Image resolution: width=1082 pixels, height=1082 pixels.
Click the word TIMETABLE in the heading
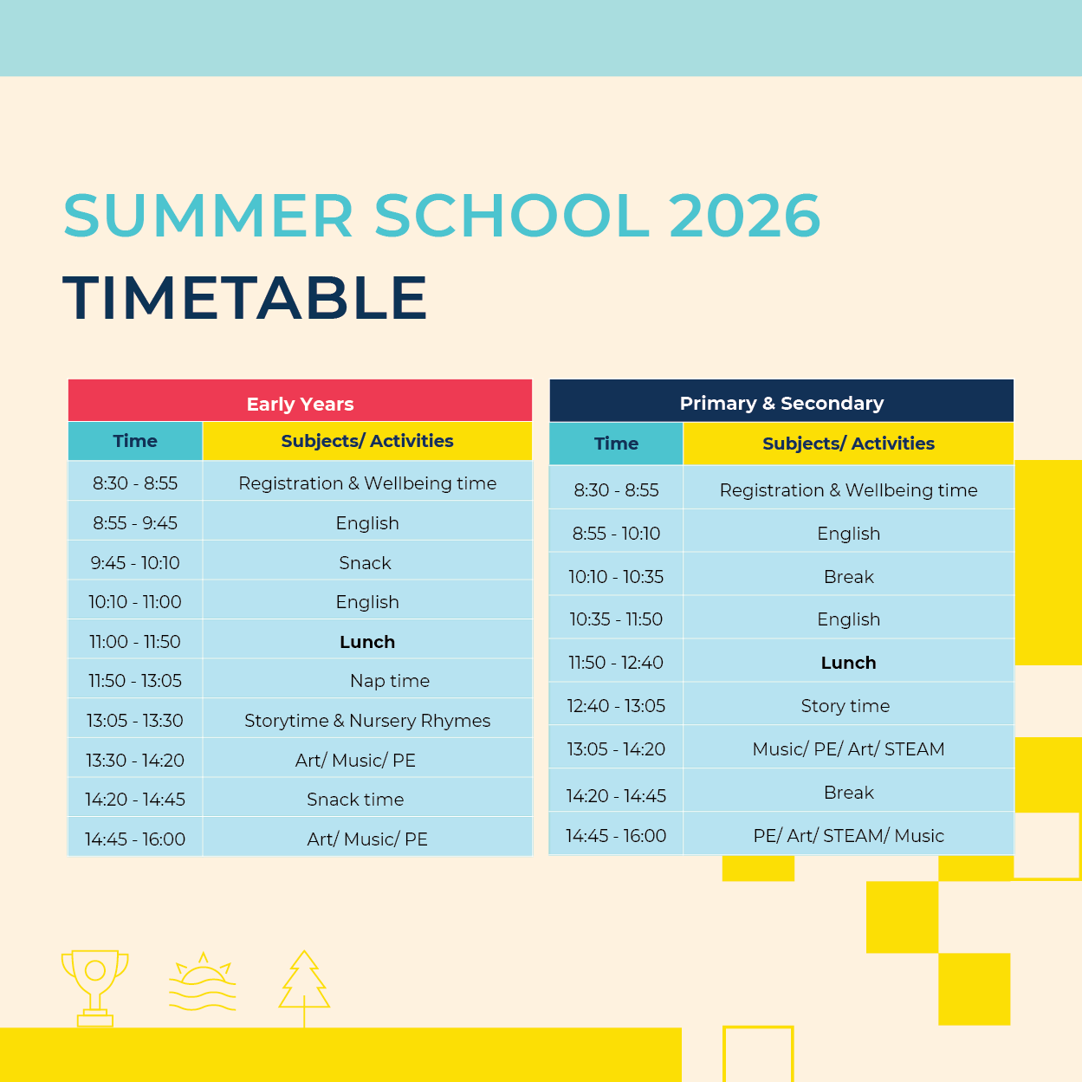tap(245, 298)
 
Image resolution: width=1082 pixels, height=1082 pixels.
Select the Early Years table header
tap(300, 404)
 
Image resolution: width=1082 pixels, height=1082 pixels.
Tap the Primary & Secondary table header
tap(781, 403)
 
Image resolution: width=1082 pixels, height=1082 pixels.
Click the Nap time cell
tap(390, 681)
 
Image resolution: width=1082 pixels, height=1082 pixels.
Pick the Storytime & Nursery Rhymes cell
tap(367, 721)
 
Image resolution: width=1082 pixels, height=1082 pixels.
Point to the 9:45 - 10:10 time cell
tap(135, 563)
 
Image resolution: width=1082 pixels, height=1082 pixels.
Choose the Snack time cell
tap(355, 800)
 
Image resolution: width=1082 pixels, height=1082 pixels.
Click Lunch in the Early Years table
tap(367, 642)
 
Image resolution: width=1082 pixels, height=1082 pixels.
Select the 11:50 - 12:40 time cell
tap(616, 663)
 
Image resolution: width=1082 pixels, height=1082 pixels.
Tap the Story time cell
tap(846, 706)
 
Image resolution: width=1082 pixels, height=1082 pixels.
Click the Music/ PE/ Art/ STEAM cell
tap(848, 749)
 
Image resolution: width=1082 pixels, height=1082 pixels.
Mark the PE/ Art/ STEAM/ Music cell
tap(848, 836)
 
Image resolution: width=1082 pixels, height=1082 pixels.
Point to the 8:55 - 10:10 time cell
tap(616, 534)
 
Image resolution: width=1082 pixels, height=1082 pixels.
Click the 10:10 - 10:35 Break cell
tap(849, 577)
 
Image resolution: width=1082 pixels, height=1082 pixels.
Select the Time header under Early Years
tap(135, 441)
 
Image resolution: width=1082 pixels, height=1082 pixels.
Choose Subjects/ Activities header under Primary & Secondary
tap(848, 444)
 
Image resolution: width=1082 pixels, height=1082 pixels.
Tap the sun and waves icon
tap(203, 983)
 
